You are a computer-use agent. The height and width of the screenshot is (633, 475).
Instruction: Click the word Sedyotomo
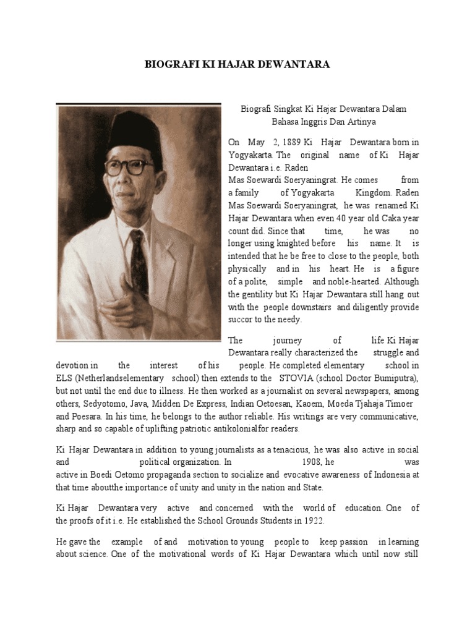(x=103, y=403)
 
